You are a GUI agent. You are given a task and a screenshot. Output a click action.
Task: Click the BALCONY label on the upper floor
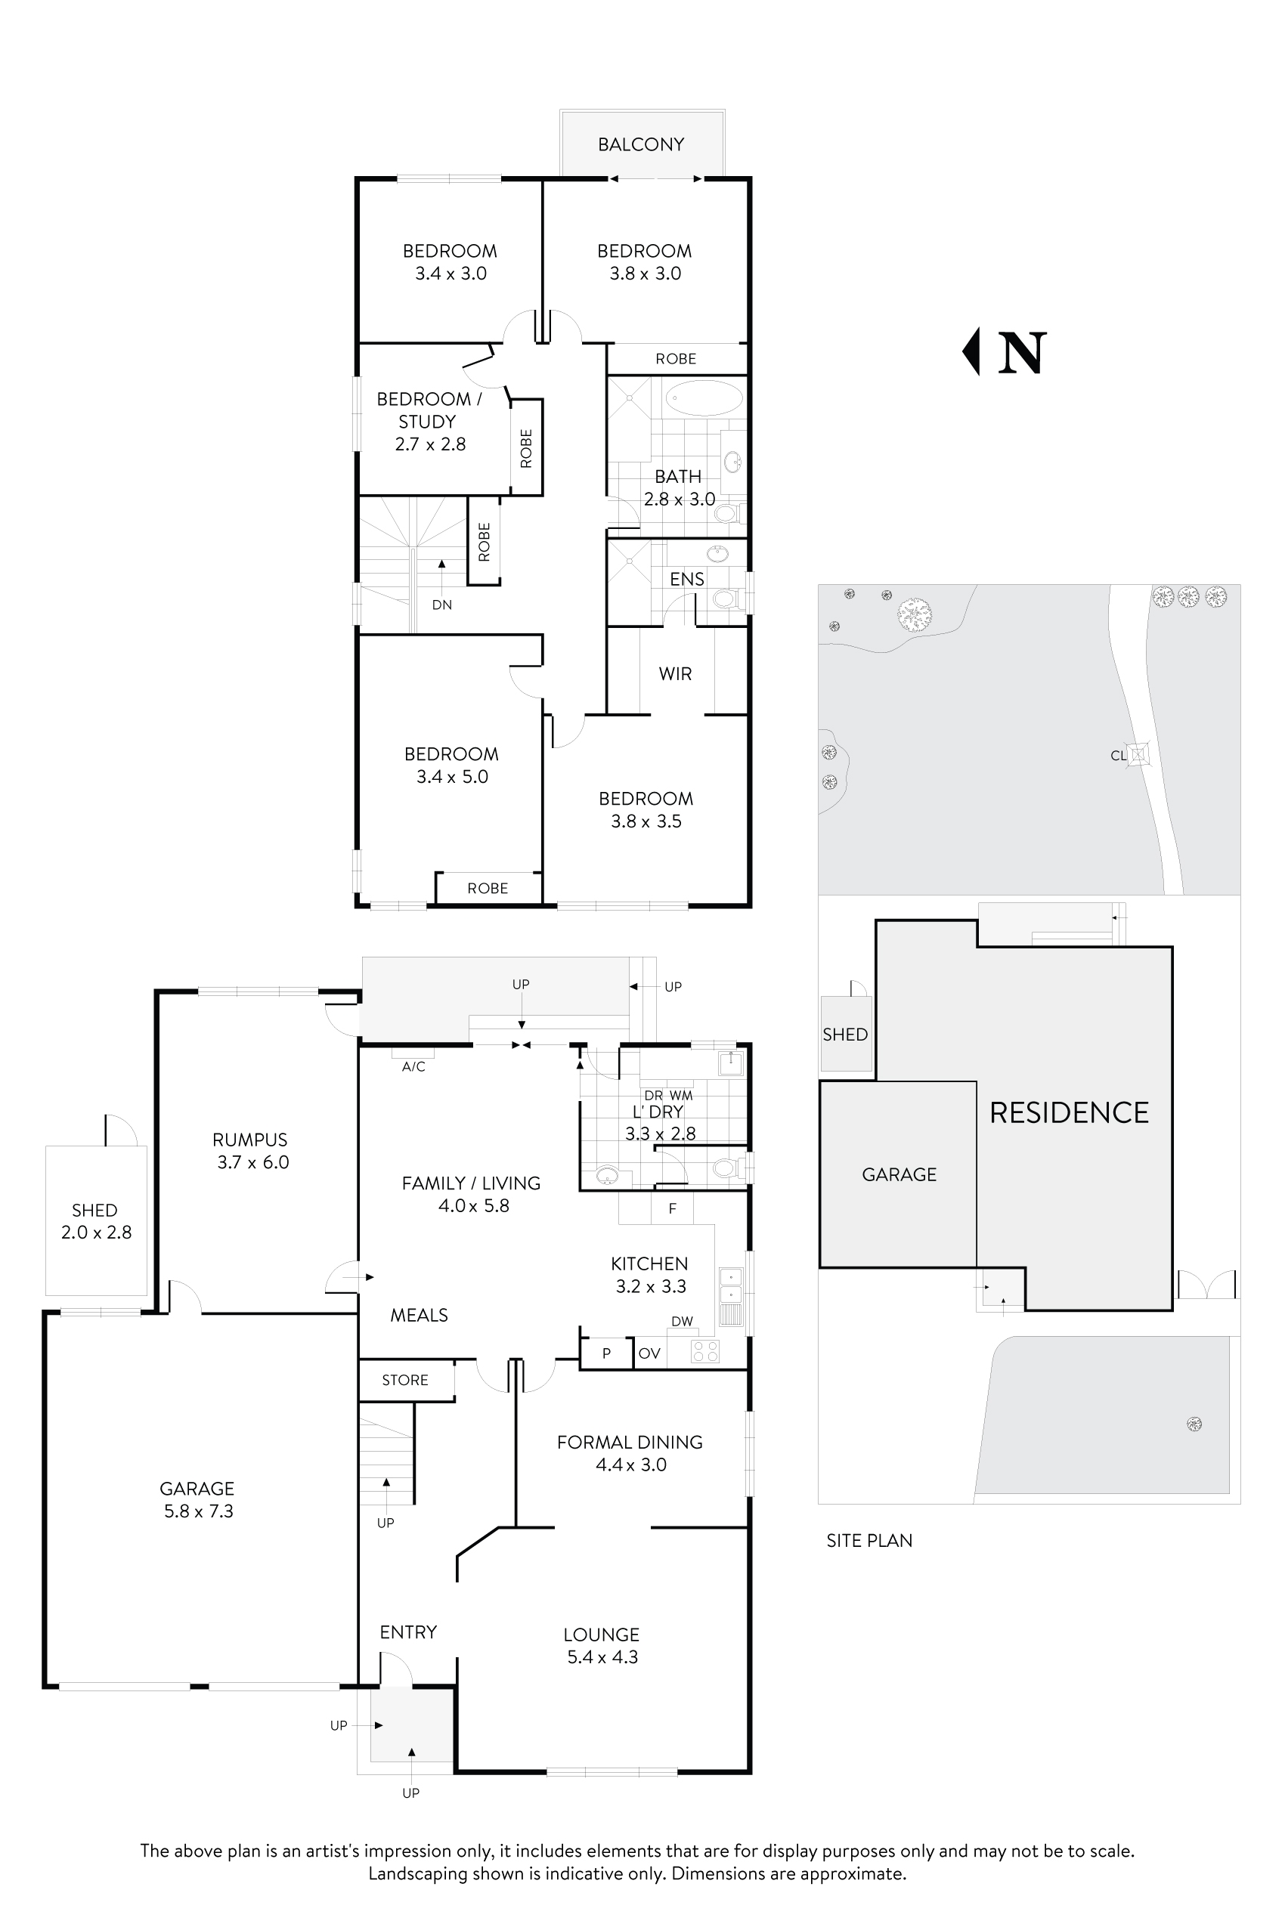tap(640, 144)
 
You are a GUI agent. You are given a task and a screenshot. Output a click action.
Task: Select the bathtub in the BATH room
tap(703, 398)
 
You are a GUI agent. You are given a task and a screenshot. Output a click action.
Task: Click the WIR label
tap(675, 673)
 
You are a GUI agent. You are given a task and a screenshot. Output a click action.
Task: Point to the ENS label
tap(687, 580)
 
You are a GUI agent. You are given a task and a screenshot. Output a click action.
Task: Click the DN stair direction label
tap(441, 605)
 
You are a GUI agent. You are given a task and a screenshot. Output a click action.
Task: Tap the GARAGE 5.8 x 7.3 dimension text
tap(198, 1511)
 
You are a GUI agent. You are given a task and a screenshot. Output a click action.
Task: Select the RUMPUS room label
tap(250, 1140)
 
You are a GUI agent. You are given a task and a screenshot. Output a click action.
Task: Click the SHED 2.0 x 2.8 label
tap(96, 1220)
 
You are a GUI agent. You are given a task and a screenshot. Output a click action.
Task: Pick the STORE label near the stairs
tap(405, 1380)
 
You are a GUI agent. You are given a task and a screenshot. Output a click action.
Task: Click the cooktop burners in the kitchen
tap(705, 1351)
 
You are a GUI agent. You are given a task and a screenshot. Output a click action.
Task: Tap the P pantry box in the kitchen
tap(606, 1353)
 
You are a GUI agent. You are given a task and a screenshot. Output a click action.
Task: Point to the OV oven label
tap(649, 1353)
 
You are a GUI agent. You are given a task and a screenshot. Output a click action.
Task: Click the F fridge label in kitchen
tap(672, 1208)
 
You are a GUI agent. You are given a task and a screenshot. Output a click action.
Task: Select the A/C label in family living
tap(413, 1066)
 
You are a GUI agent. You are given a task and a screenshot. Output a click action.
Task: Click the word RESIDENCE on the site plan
tap(1069, 1112)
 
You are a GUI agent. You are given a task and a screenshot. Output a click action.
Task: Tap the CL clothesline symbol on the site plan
tap(1138, 755)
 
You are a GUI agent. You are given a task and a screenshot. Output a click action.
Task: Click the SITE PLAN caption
tap(869, 1540)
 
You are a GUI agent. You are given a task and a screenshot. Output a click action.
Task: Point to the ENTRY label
tap(408, 1632)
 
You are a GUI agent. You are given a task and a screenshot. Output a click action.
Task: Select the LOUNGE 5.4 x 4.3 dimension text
tap(602, 1656)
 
